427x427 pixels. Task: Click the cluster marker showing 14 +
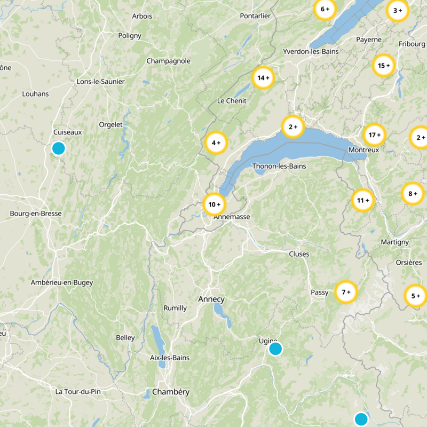pyautogui.click(x=263, y=78)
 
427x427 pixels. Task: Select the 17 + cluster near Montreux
pyautogui.click(x=374, y=135)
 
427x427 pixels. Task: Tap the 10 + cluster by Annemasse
pyautogui.click(x=215, y=204)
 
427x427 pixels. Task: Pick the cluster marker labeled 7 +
pyautogui.click(x=346, y=292)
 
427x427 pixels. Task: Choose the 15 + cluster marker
pyautogui.click(x=383, y=66)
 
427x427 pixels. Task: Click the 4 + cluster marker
pyautogui.click(x=216, y=143)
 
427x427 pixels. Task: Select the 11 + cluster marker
pyautogui.click(x=363, y=201)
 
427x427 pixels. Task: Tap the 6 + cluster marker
pyautogui.click(x=324, y=9)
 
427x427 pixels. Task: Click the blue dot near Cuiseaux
pyautogui.click(x=59, y=148)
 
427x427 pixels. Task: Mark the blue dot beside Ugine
pyautogui.click(x=275, y=349)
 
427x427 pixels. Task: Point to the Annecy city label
pyautogui.click(x=211, y=299)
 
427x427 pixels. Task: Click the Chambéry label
pyautogui.click(x=171, y=392)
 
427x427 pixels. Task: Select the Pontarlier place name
pyautogui.click(x=255, y=16)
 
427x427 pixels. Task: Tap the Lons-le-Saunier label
pyautogui.click(x=101, y=82)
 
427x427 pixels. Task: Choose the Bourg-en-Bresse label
pyautogui.click(x=36, y=213)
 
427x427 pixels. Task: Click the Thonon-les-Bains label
pyautogui.click(x=279, y=166)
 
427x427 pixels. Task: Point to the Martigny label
pyautogui.click(x=395, y=242)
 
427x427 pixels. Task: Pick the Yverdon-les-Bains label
pyautogui.click(x=311, y=52)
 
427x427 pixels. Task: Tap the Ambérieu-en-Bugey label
pyautogui.click(x=62, y=282)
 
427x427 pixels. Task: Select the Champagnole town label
pyautogui.click(x=169, y=61)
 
